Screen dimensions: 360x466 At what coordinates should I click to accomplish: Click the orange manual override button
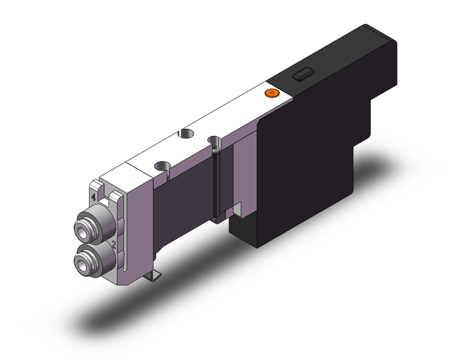pyautogui.click(x=270, y=93)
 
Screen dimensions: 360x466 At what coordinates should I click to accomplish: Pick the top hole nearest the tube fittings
pyautogui.click(x=163, y=166)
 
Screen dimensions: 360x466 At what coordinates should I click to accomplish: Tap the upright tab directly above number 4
pyautogui.click(x=96, y=186)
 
